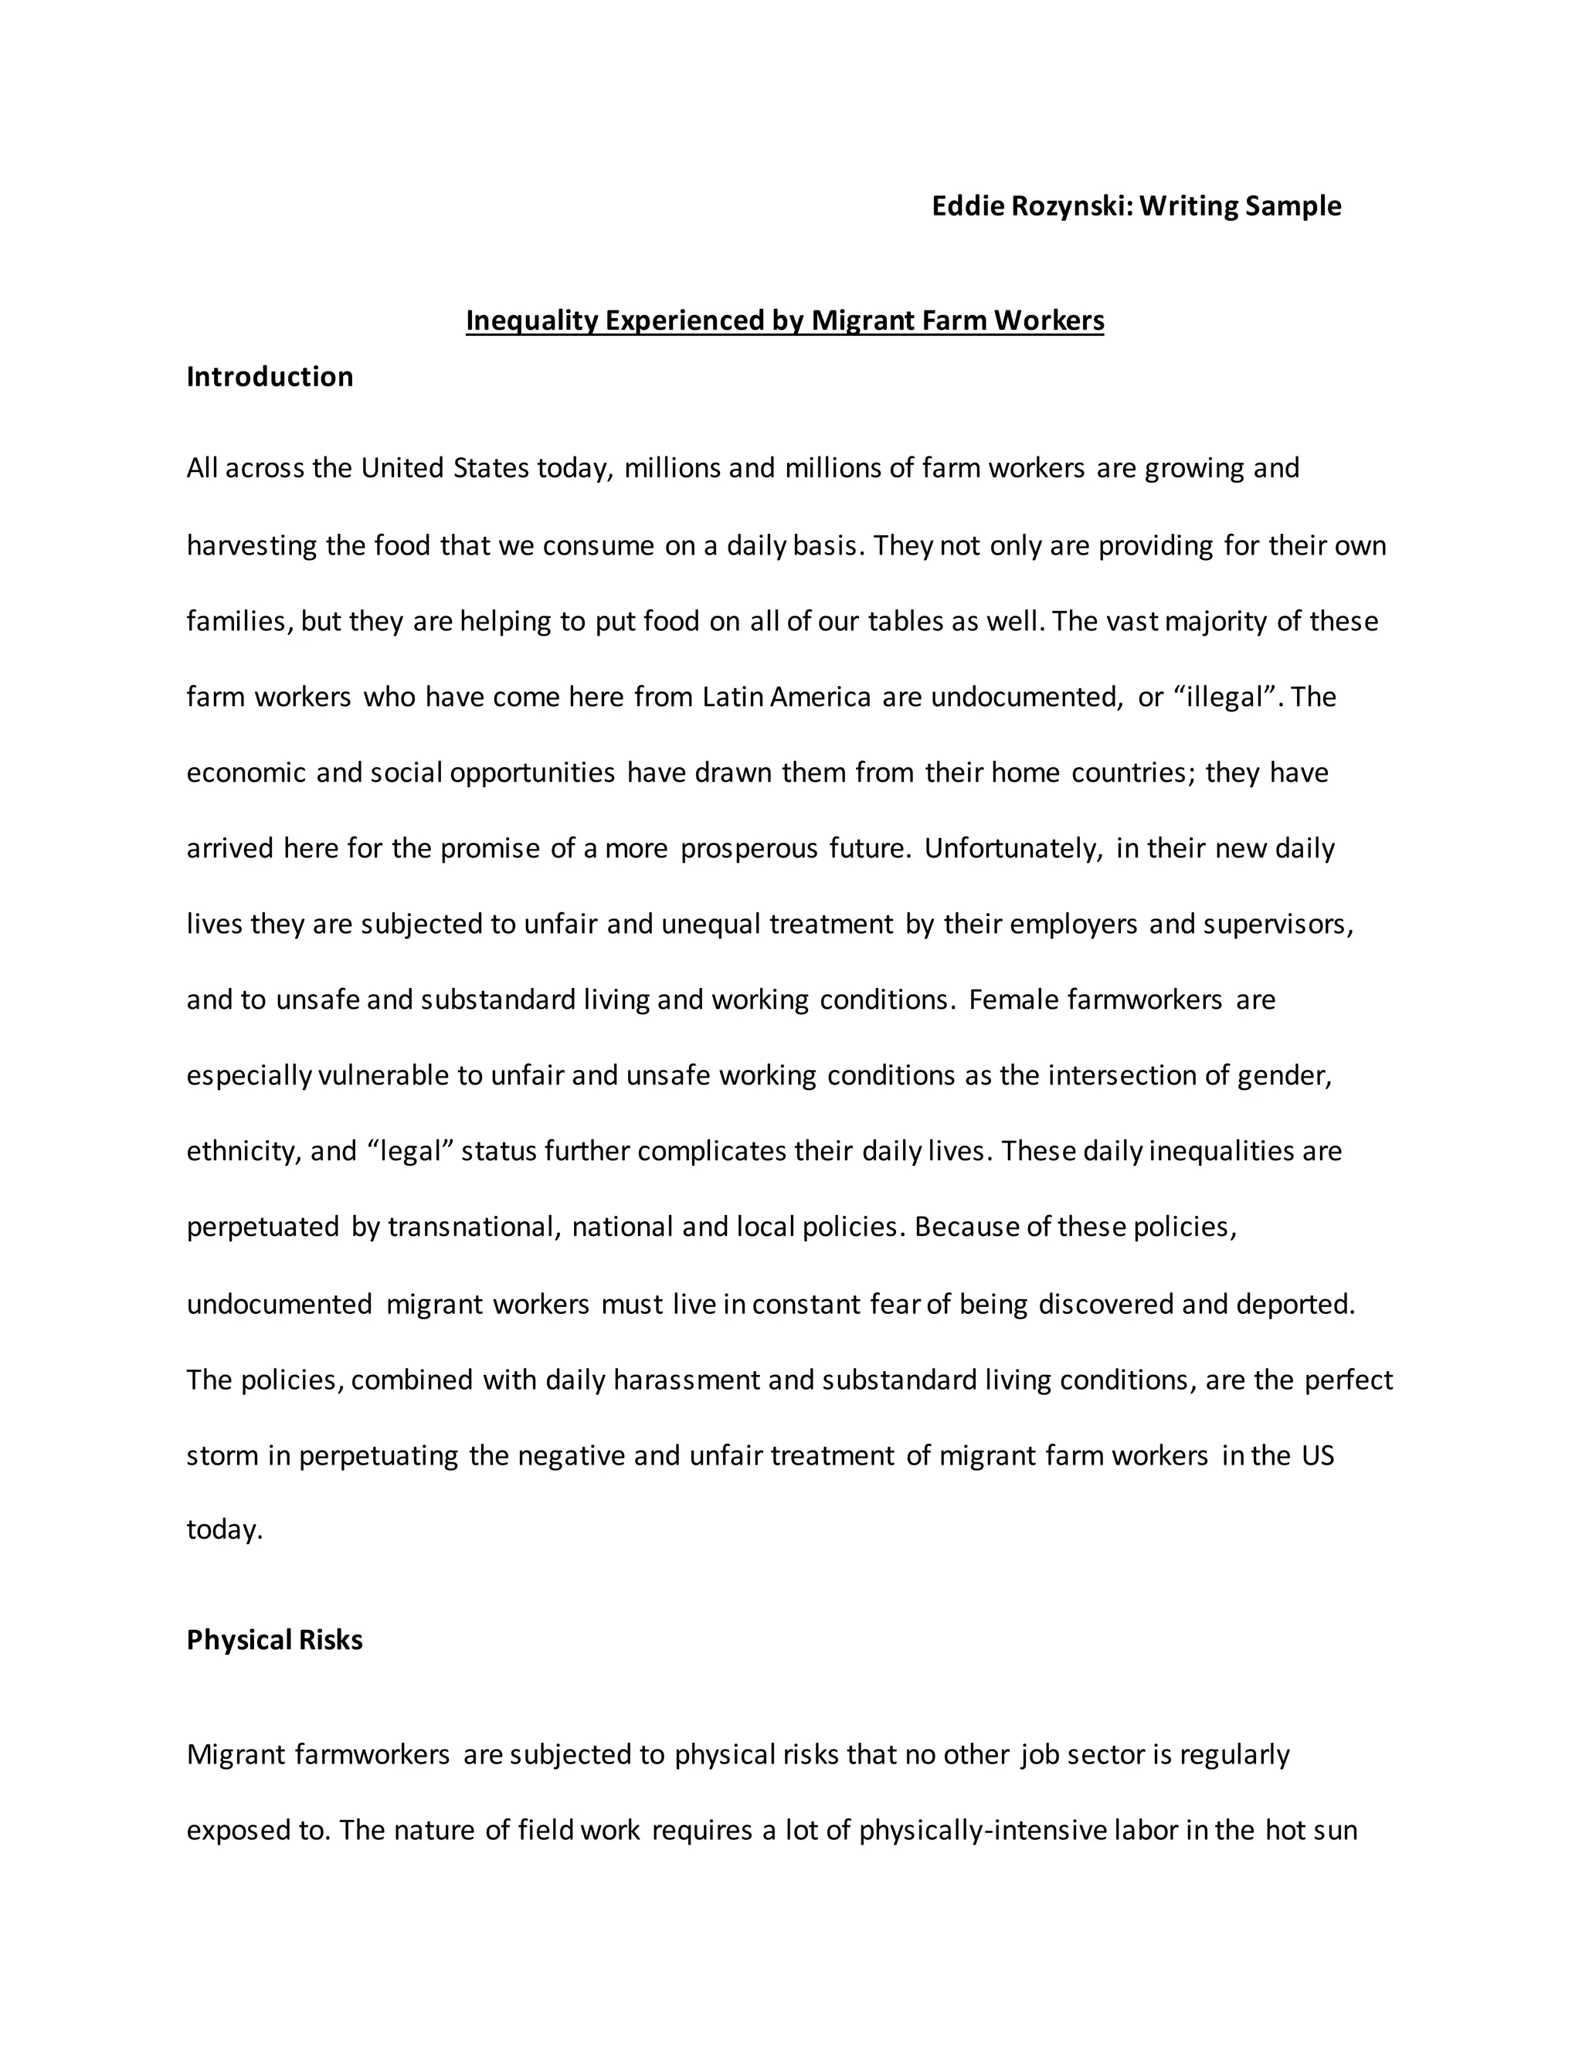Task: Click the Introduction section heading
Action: point(270,377)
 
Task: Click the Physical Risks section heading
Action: point(274,1639)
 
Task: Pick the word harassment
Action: point(686,1380)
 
